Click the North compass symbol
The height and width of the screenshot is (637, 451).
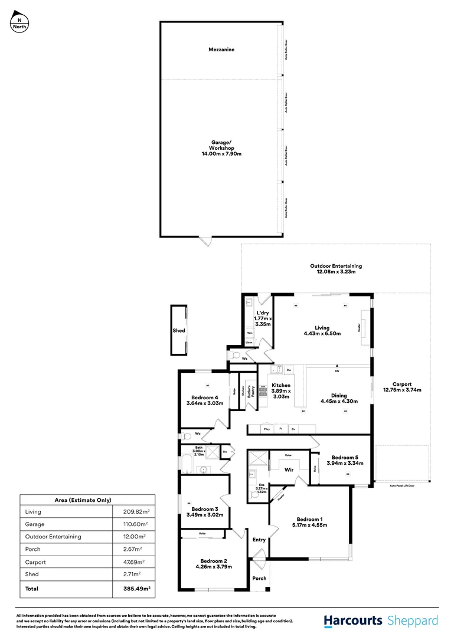[x=19, y=22]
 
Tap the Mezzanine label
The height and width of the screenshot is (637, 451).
[x=221, y=50]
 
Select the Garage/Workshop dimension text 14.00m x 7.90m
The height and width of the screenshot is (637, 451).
[x=221, y=153]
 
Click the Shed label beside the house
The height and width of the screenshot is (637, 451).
[x=179, y=331]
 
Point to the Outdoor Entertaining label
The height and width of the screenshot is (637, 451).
[x=336, y=266]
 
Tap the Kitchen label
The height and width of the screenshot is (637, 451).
[x=281, y=385]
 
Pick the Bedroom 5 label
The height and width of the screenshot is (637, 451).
[x=344, y=457]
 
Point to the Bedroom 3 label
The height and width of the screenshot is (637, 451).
[x=205, y=508]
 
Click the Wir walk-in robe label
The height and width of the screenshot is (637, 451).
[x=289, y=470]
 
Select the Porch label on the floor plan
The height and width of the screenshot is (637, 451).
[x=259, y=578]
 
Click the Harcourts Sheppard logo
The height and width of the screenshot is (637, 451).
[x=381, y=620]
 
